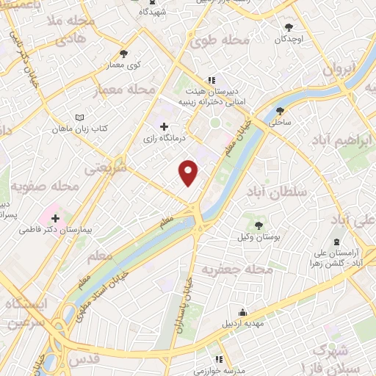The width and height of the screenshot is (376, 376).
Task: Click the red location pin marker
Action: click(189, 172)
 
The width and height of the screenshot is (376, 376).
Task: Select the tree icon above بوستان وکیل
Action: click(258, 224)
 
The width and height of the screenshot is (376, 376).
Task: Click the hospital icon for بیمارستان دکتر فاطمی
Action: click(56, 217)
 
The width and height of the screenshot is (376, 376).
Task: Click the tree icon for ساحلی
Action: click(279, 111)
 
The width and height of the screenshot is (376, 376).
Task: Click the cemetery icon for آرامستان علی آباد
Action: click(337, 242)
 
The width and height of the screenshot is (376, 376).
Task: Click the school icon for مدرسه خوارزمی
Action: click(218, 360)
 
